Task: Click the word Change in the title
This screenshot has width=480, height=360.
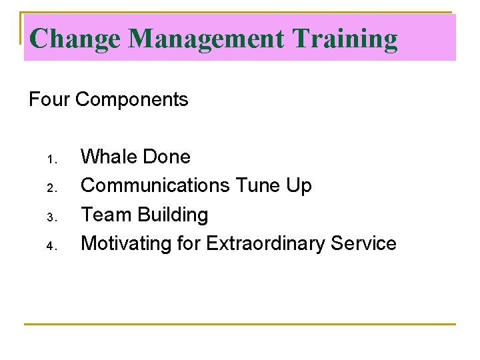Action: tap(75, 39)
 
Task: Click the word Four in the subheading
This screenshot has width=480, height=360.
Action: tap(49, 100)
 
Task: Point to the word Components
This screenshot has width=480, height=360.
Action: tap(132, 100)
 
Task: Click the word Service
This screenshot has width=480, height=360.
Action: tap(365, 243)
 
